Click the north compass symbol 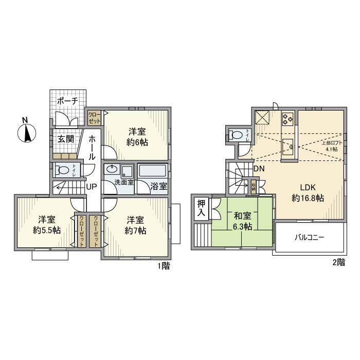[26, 133]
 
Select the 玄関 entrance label [65, 139]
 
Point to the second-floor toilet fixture [237, 135]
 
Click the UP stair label [92, 186]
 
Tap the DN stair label [259, 169]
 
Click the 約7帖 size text [136, 231]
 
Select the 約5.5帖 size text [47, 230]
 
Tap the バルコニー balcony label [309, 238]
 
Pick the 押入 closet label [201, 208]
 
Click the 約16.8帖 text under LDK [308, 198]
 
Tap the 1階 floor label [163, 266]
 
